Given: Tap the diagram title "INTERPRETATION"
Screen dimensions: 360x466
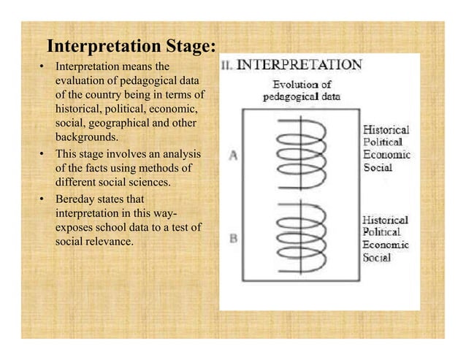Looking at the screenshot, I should click(x=301, y=64).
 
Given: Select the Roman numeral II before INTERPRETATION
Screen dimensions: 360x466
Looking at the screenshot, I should click(x=227, y=65).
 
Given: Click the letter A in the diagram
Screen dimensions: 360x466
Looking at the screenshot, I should click(x=234, y=154).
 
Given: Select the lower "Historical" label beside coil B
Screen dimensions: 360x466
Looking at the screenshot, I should click(x=386, y=219).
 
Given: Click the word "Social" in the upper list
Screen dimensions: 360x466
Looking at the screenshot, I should click(x=378, y=167).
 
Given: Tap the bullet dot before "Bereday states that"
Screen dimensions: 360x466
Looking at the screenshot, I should click(x=42, y=199).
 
